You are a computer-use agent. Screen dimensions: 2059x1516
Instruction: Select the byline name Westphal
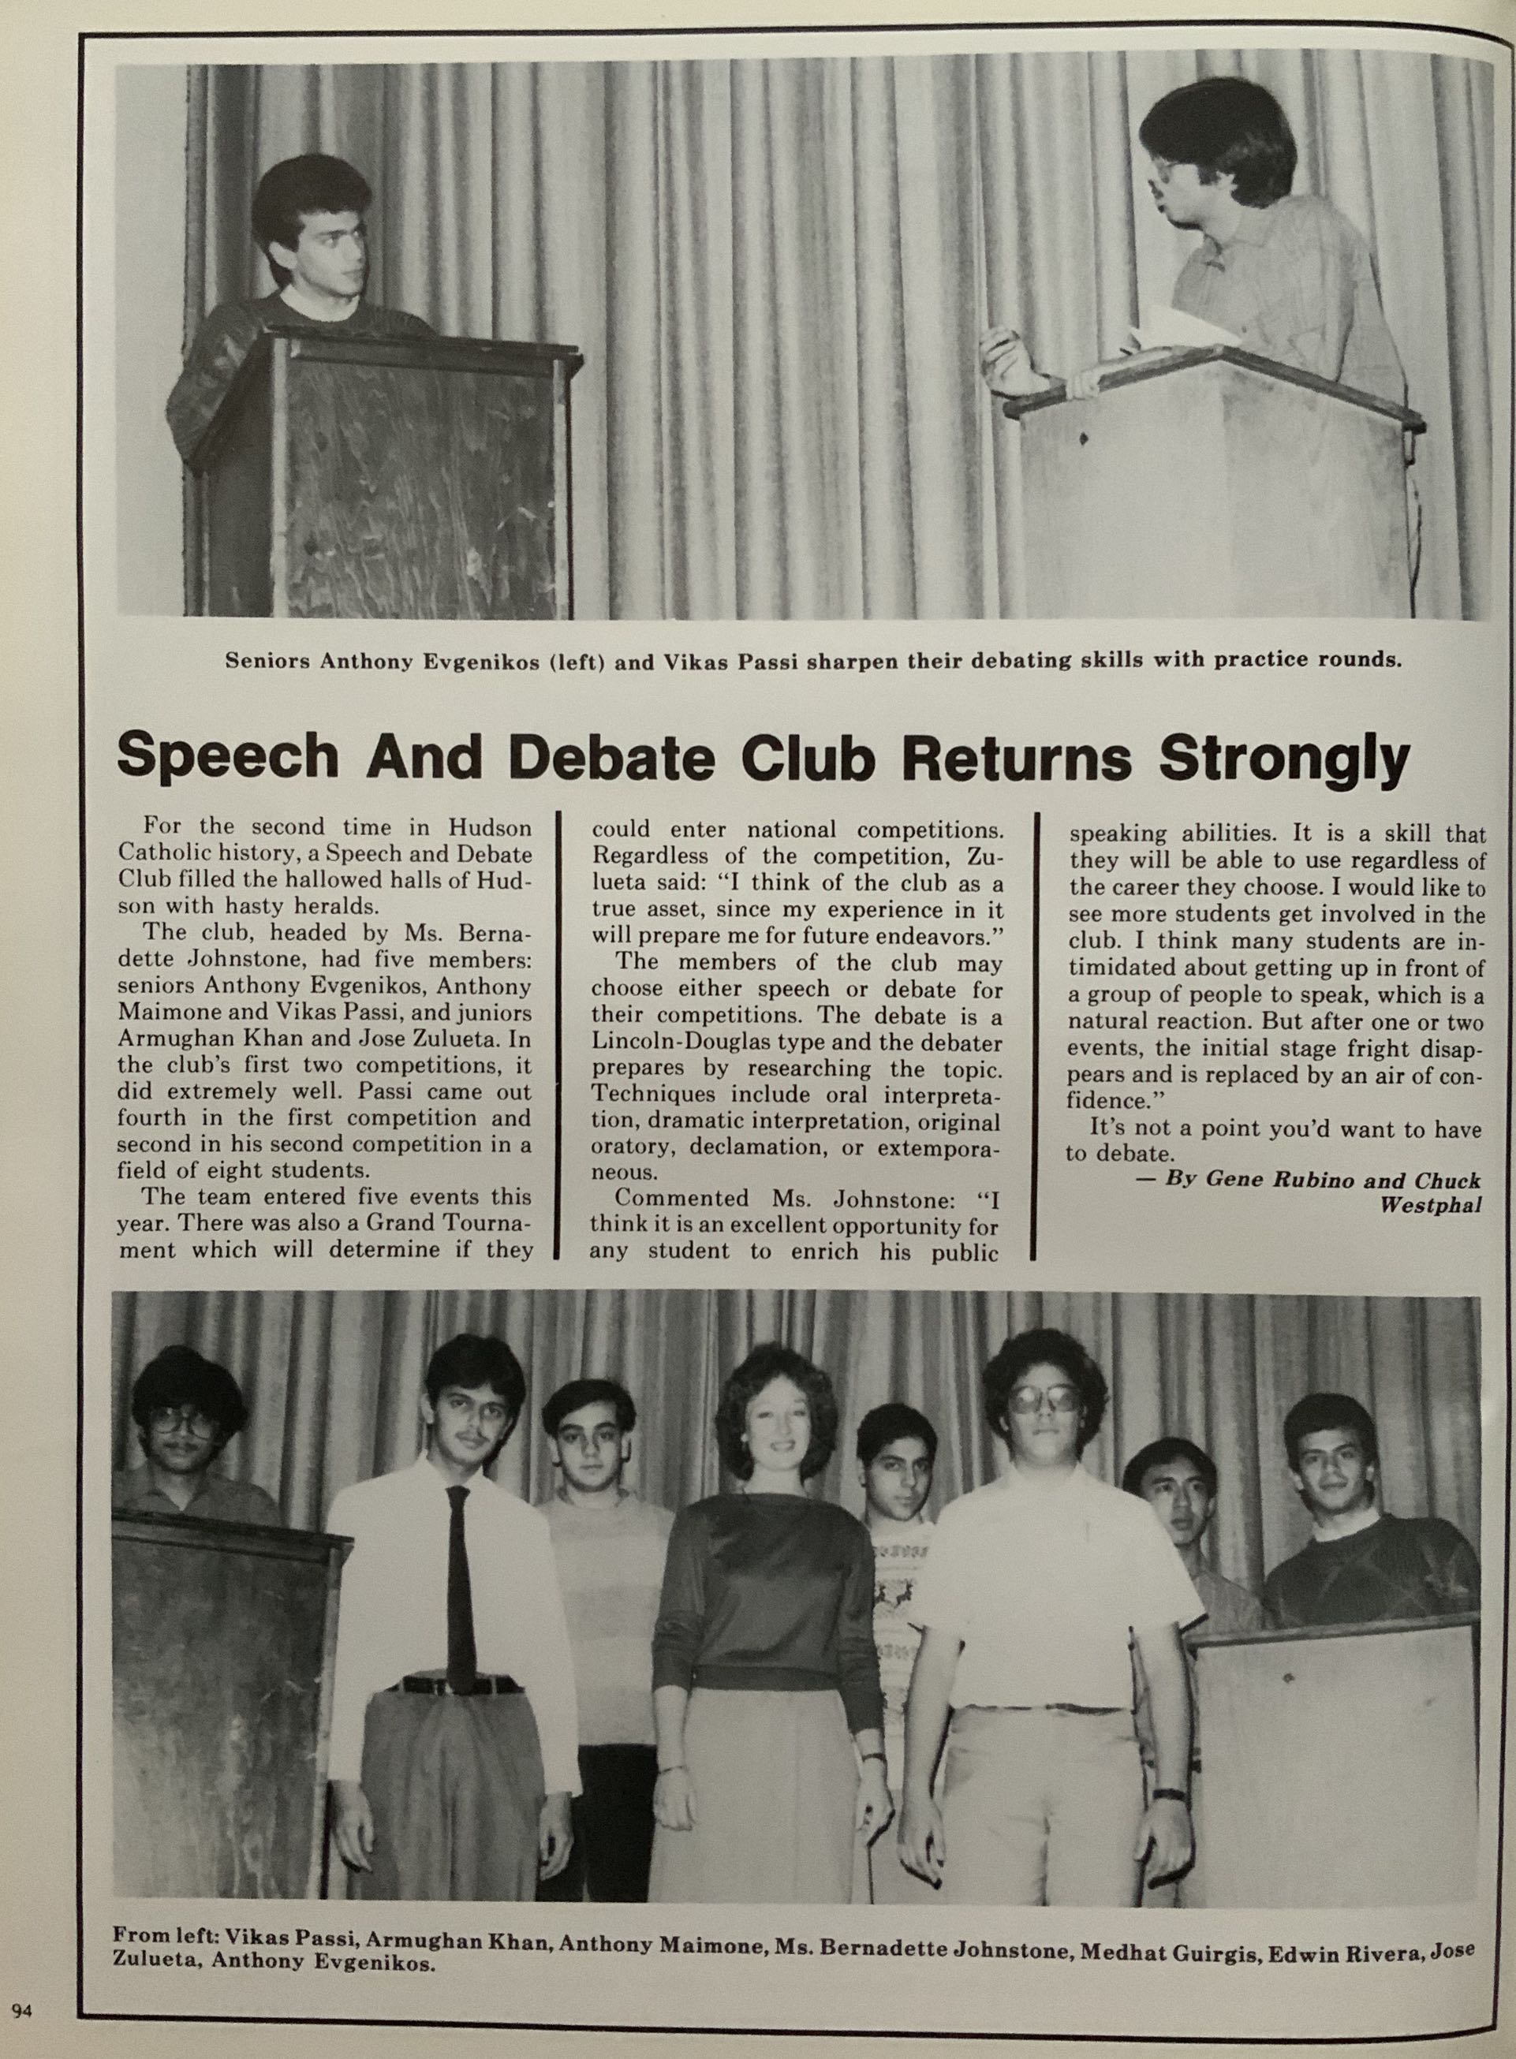pos(1431,1205)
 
